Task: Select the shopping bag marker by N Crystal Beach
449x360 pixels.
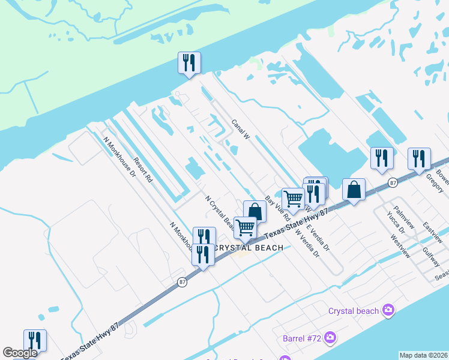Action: pos(255,211)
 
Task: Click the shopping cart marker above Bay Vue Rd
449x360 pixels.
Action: pos(293,198)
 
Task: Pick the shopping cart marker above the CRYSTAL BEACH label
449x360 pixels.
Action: pos(245,228)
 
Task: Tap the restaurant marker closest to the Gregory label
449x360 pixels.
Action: pos(419,158)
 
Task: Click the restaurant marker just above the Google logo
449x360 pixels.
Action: pos(35,340)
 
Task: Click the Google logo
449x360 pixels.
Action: pos(20,353)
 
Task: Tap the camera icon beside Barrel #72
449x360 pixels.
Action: pos(329,338)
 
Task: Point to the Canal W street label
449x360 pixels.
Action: pos(241,129)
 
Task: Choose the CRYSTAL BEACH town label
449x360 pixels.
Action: pos(249,248)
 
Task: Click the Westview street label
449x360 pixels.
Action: pos(400,245)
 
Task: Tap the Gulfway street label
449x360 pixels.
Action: pos(431,257)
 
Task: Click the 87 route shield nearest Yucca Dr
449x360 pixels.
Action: pos(392,181)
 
